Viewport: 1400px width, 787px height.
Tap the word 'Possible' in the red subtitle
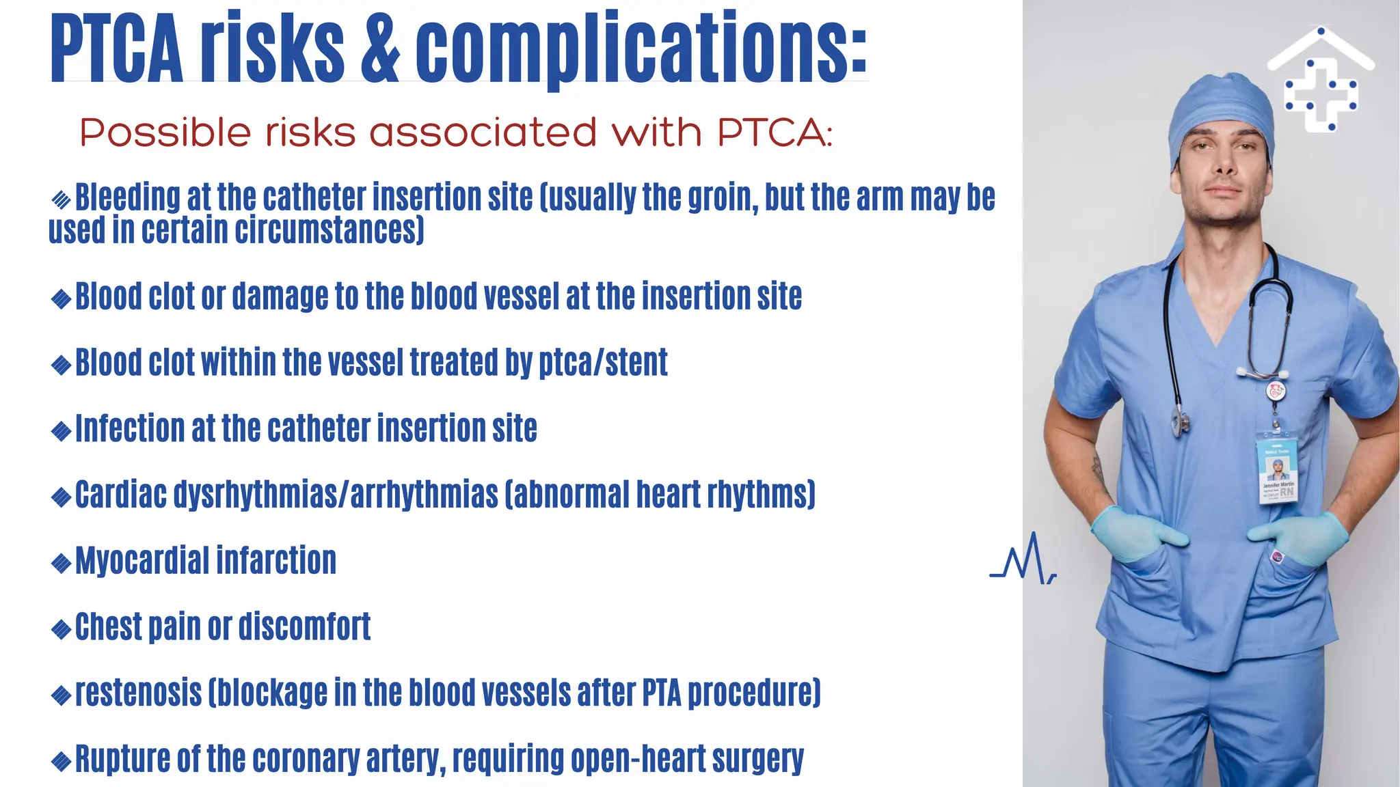point(165,132)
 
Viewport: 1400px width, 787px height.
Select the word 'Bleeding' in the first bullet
point(127,197)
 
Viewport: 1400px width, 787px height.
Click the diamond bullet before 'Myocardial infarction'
point(62,563)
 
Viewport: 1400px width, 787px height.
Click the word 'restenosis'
point(138,693)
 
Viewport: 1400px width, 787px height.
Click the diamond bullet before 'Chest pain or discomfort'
point(62,629)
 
